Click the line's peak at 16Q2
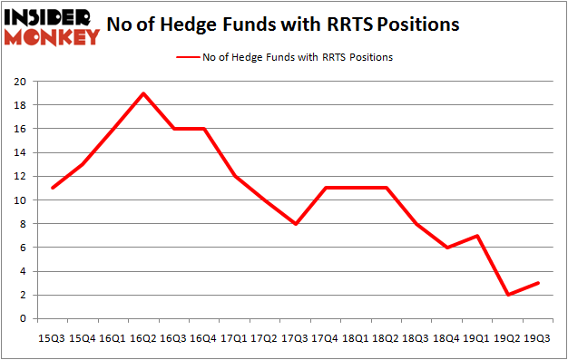[x=143, y=93]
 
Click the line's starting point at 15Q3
[x=52, y=188]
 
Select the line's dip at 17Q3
[x=296, y=223]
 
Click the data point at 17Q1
[x=235, y=176]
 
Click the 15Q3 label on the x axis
[x=52, y=337]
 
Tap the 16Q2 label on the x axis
[x=143, y=337]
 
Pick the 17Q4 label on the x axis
[x=327, y=337]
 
